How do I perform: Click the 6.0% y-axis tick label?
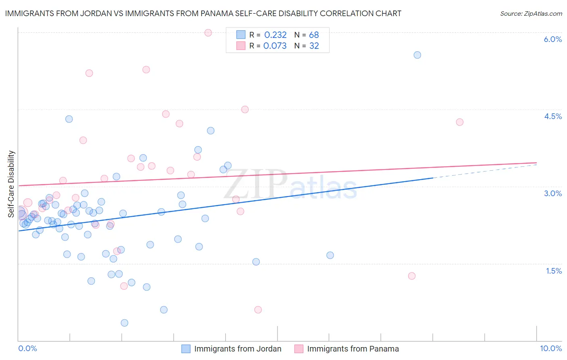(x=552, y=39)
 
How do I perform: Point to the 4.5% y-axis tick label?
(x=552, y=116)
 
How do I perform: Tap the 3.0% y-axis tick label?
(x=552, y=193)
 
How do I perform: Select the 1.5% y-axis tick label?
(x=554, y=271)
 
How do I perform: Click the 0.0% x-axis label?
(x=28, y=348)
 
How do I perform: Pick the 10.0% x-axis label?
(x=550, y=348)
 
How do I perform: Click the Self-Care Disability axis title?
(x=11, y=184)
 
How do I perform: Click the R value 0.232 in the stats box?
(x=275, y=35)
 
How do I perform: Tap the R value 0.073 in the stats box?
(x=275, y=46)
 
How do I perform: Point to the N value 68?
(x=314, y=35)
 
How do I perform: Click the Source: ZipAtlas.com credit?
(x=531, y=14)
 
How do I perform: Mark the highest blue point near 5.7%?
(x=417, y=55)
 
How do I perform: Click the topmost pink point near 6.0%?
(x=208, y=33)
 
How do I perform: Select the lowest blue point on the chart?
(x=125, y=323)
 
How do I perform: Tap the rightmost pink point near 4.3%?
(x=459, y=122)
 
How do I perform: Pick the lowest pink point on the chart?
(x=258, y=310)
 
